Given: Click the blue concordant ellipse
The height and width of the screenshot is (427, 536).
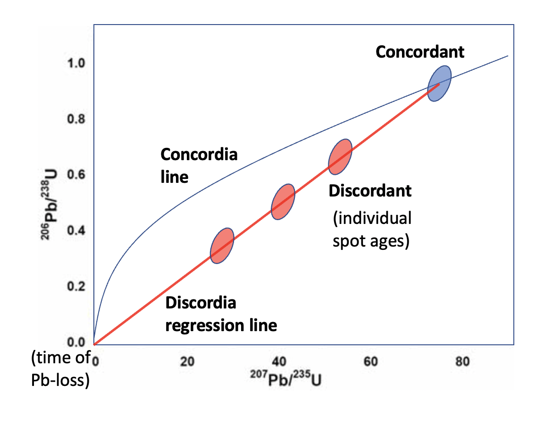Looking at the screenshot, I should [439, 83].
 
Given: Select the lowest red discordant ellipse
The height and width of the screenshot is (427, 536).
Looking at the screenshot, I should [222, 246].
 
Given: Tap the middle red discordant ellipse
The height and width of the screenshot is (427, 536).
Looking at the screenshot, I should [283, 202].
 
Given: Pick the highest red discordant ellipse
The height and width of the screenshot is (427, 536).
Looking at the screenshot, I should [340, 157].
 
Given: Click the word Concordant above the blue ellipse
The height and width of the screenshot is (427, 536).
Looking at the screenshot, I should [420, 51].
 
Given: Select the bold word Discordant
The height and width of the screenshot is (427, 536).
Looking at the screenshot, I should [370, 191].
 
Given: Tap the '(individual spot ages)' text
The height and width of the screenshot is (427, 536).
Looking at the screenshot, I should [371, 230].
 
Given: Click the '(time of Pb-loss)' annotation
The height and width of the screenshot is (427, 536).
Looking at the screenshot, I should [60, 370].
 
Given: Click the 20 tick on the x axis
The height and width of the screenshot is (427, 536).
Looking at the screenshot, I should [187, 362].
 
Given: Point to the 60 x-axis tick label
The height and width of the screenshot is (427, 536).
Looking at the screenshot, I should [371, 362].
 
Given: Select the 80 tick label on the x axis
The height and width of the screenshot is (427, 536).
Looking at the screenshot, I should [463, 362].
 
